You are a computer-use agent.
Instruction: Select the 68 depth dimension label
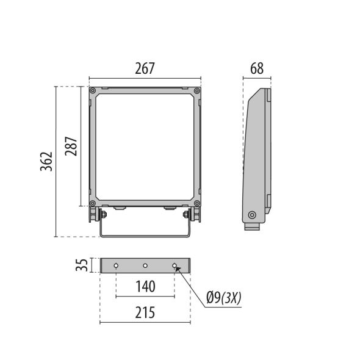tap(256, 68)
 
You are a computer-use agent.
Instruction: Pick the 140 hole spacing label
tap(145, 286)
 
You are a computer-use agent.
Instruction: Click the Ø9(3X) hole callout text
tap(224, 297)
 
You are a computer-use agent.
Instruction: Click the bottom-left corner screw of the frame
tap(93, 203)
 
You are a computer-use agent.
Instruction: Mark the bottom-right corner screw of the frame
tap(196, 203)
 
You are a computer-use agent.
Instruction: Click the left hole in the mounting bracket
tap(115, 265)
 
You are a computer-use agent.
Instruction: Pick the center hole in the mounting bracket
tap(145, 265)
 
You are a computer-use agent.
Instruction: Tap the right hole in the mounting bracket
tap(175, 265)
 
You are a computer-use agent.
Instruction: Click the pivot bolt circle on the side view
tap(251, 215)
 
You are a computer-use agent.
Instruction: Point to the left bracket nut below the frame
tap(103, 214)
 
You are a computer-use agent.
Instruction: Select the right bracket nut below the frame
tap(186, 214)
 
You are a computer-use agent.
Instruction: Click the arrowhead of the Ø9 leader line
tap(178, 268)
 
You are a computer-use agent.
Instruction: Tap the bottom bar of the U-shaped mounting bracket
tap(145, 236)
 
